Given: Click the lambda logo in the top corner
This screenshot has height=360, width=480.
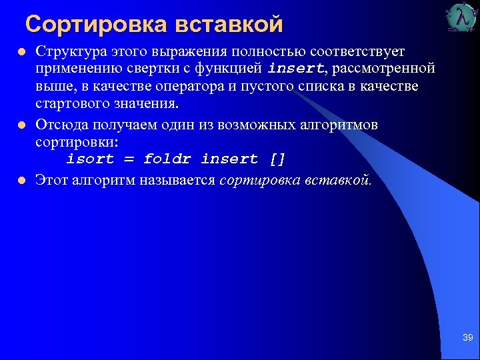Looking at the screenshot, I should (461, 18).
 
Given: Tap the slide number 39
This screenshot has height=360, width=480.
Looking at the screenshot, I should (467, 338).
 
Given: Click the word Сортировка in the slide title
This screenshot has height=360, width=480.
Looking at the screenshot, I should (95, 25).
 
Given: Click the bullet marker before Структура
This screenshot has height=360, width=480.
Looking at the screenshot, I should (21, 52).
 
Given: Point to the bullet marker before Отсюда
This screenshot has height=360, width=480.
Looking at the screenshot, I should (21, 125).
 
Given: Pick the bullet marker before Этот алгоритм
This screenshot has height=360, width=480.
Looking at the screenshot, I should (21, 179).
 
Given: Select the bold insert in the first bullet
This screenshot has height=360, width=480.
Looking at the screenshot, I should (295, 69).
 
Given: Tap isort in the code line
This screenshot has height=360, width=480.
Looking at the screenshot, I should (90, 159).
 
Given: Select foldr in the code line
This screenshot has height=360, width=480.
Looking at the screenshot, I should (167, 159).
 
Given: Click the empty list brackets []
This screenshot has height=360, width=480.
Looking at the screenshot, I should (277, 159).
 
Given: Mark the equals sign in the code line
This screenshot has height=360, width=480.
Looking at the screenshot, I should (129, 159).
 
